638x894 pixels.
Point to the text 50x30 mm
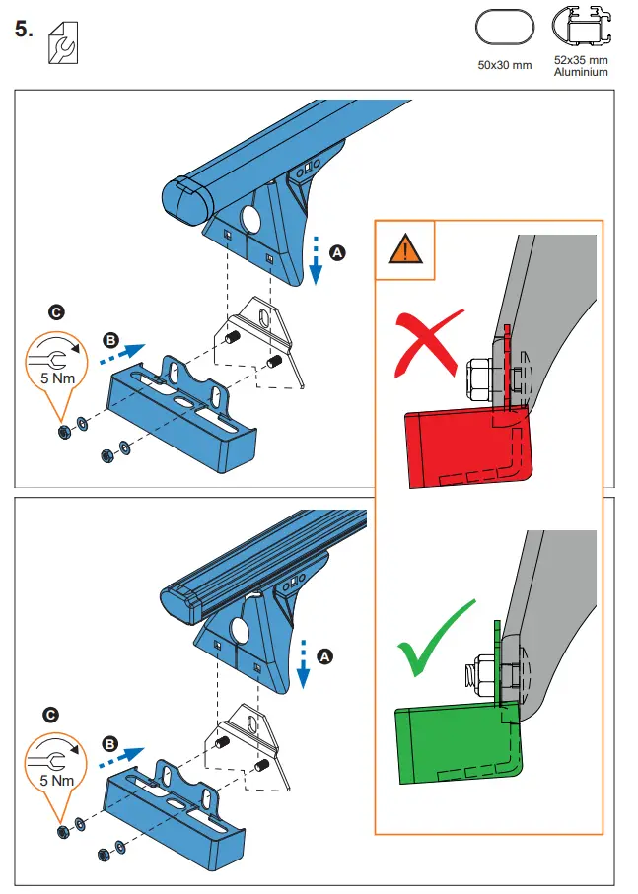pyautogui.click(x=503, y=65)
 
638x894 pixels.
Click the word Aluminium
pyautogui.click(x=581, y=72)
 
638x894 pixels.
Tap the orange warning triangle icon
pyautogui.click(x=405, y=250)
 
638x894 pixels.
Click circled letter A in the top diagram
pyautogui.click(x=338, y=253)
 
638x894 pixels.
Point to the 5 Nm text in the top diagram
pyautogui.click(x=56, y=378)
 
